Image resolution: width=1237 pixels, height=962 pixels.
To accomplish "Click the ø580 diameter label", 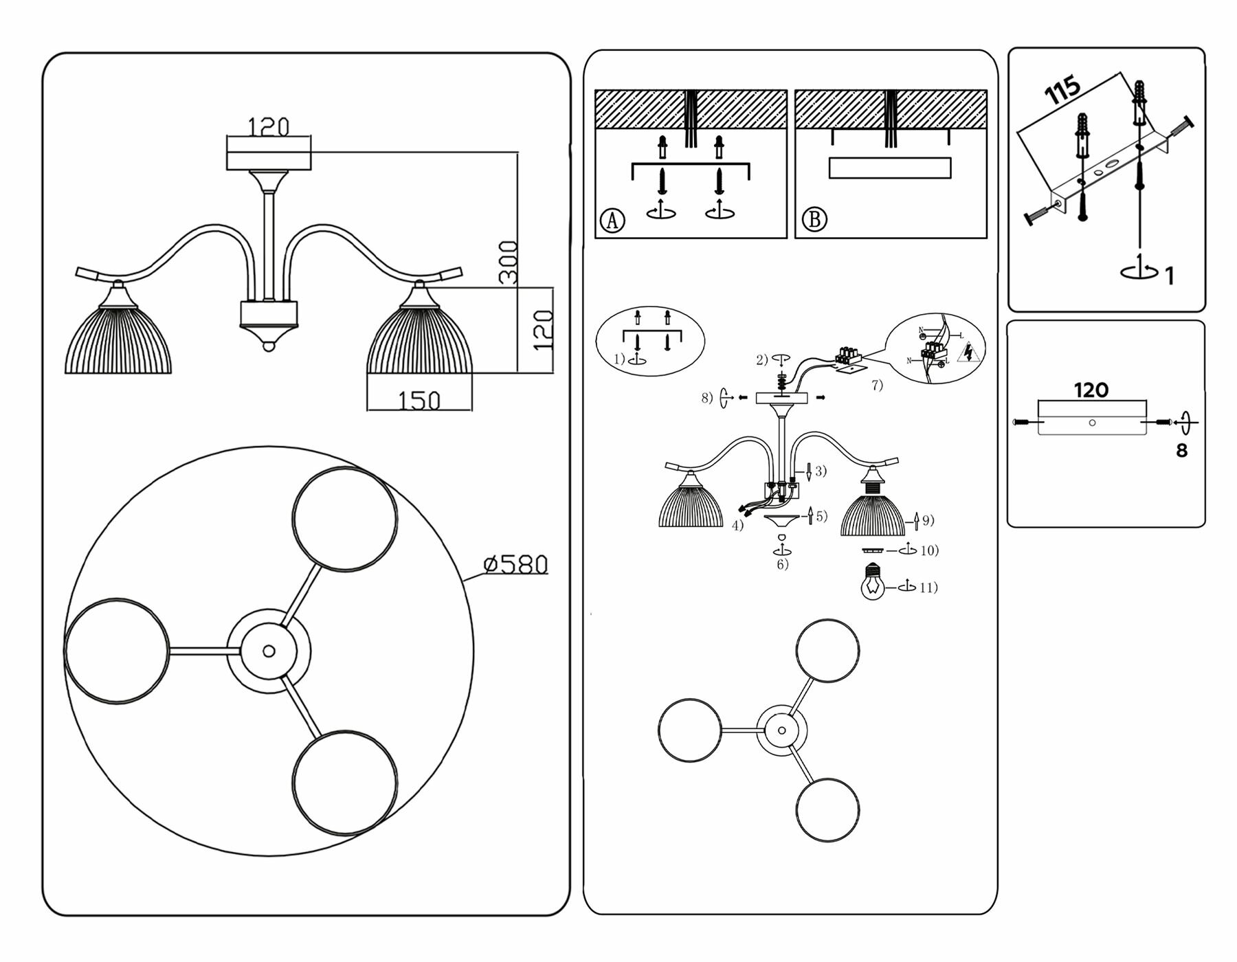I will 516,565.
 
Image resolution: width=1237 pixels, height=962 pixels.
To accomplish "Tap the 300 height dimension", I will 509,262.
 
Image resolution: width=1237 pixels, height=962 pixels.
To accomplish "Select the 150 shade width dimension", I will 419,400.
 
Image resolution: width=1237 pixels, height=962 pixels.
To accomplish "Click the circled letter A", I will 612,221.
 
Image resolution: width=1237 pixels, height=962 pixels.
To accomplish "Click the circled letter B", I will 814,220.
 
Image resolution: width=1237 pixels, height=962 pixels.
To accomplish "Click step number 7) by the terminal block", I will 878,385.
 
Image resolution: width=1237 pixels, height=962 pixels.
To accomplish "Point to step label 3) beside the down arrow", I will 821,471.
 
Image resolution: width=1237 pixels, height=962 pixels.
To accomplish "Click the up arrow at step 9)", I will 916,523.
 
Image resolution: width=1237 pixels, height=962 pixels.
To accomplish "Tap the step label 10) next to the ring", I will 929,550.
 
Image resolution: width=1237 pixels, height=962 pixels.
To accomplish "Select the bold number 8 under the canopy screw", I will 1182,451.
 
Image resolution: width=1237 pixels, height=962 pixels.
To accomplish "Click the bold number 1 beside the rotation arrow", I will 1170,276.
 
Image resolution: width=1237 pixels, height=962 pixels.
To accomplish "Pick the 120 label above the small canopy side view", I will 1091,390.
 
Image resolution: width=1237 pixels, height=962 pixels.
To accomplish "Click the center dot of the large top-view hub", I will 269,651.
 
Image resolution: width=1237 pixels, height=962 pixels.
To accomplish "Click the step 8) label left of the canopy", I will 707,397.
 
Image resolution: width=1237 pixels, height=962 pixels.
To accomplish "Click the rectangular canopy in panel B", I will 890,168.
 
